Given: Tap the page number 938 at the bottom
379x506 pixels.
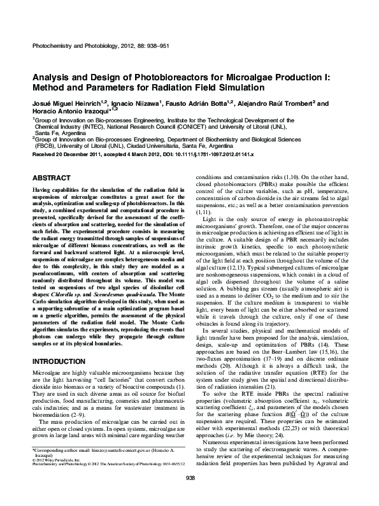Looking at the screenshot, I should pyautogui.click(x=189, y=495).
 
